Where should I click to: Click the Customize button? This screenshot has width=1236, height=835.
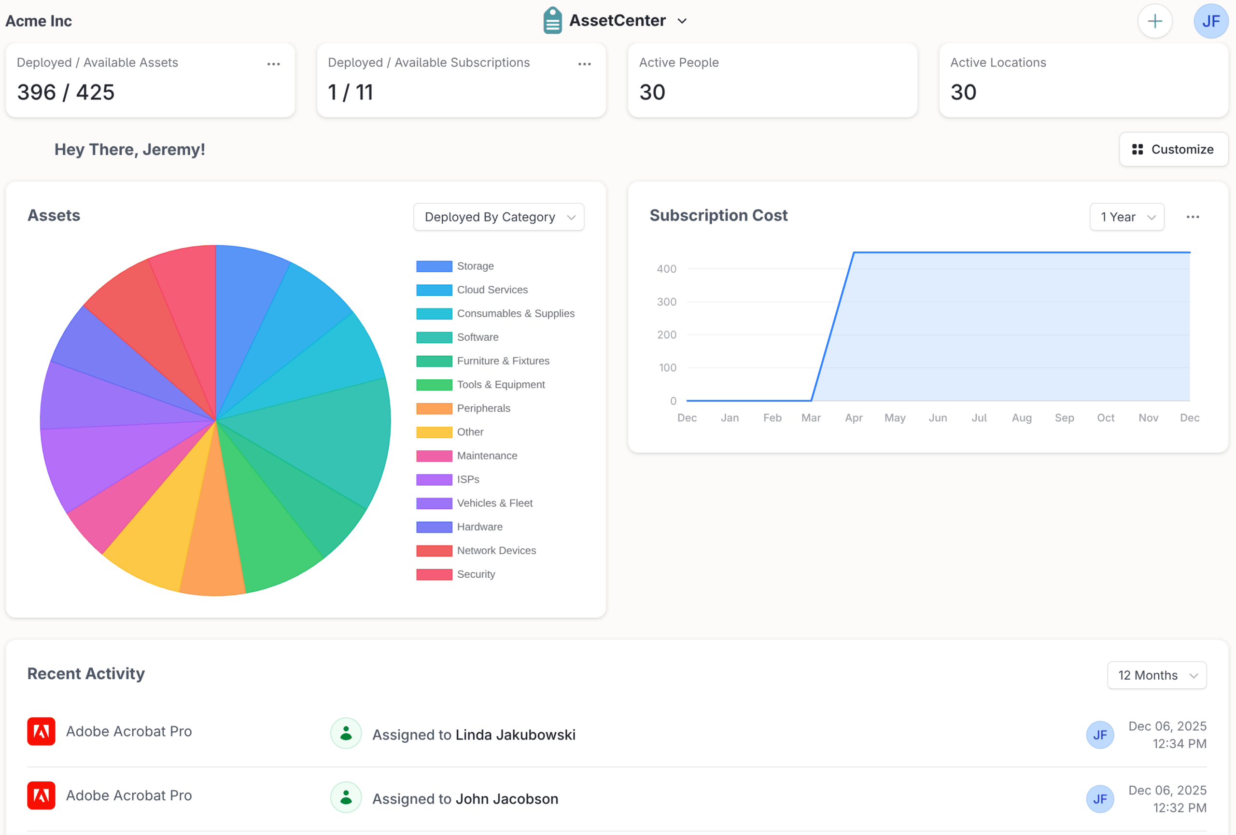1173,149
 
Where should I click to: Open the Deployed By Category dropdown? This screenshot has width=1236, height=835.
498,217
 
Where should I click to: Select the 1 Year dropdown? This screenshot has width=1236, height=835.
1126,217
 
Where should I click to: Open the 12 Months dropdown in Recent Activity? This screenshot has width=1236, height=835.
1156,675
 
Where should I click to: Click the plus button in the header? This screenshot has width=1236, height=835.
1154,21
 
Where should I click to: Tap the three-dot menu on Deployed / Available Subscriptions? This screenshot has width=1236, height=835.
584,64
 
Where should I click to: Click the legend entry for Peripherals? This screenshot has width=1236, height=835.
482,408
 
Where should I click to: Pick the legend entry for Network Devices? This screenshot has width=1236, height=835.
496,551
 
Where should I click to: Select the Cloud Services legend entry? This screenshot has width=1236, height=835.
492,290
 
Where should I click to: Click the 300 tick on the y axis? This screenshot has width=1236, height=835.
666,302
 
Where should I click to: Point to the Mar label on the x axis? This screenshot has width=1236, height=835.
811,418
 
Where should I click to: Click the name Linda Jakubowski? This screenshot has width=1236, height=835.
515,735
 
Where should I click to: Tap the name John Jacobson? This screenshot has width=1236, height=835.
506,799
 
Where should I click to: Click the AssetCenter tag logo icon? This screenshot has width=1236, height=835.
552,21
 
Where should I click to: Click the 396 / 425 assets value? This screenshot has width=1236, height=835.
65,93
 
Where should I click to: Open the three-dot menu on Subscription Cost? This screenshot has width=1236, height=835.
1193,217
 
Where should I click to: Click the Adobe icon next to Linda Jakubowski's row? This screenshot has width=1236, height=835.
41,731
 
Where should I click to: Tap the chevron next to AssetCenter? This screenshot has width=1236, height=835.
682,21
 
